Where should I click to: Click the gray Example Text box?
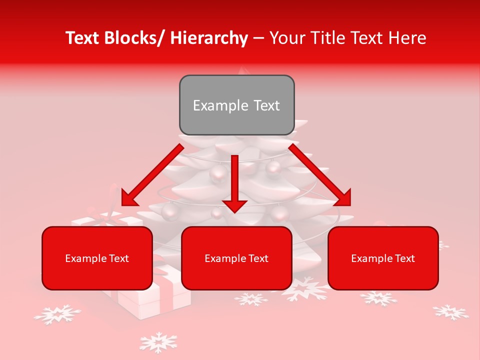point(236,105)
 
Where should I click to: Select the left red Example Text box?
point(97,258)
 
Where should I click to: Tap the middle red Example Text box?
point(236,258)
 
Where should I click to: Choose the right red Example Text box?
point(383,258)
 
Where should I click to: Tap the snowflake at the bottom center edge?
point(158,342)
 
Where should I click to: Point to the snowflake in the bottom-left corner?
point(57,314)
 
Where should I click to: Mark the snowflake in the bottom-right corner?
point(450,312)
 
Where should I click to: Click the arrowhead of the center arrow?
point(234,205)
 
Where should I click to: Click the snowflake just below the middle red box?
point(251,299)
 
